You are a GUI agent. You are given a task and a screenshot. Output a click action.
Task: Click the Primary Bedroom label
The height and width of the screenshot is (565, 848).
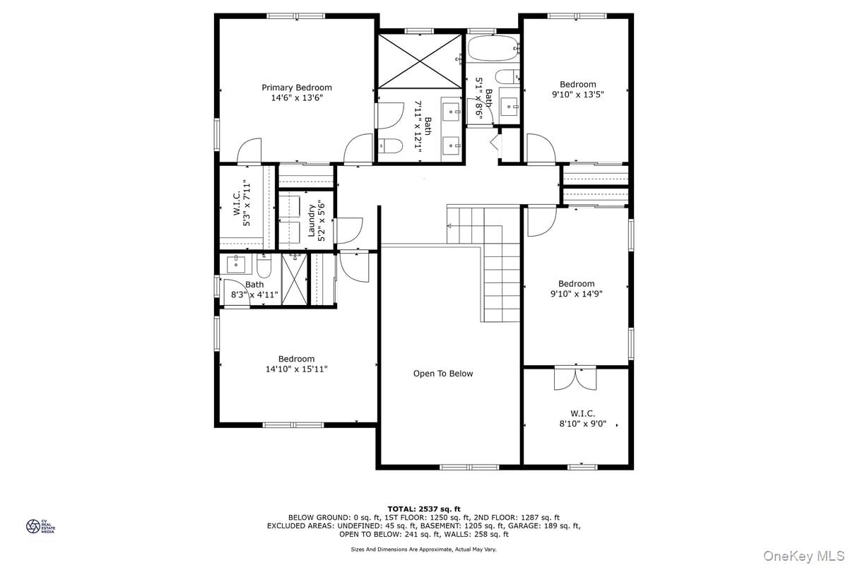point(296,88)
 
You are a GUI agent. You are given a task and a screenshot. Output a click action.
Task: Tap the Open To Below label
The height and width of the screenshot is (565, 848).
point(443,374)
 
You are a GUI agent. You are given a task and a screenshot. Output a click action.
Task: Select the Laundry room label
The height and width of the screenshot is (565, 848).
point(312,220)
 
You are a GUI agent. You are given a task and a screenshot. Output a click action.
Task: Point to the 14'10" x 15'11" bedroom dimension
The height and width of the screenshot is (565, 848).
point(296,369)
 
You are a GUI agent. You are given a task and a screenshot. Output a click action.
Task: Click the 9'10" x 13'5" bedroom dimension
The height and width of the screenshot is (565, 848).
point(578,94)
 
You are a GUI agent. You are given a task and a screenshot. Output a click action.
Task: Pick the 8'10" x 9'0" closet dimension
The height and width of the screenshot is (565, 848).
point(583,424)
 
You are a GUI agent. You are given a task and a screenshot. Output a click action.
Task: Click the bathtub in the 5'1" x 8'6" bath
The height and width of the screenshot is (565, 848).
point(493,48)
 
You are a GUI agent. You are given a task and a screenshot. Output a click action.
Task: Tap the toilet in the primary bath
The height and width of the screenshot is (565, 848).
point(390,146)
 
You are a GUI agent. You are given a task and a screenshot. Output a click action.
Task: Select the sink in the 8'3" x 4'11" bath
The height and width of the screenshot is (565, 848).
point(236,263)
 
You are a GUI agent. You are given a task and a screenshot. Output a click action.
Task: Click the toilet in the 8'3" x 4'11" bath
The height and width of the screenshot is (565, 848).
point(264,266)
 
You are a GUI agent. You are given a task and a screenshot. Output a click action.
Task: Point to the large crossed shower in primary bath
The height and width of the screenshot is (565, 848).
point(420,61)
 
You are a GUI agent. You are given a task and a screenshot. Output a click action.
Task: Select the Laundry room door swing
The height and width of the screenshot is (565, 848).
point(349,230)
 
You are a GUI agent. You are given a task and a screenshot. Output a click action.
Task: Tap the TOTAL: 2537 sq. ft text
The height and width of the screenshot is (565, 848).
point(424,509)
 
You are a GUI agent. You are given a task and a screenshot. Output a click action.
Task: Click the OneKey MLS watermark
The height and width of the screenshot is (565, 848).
point(803,556)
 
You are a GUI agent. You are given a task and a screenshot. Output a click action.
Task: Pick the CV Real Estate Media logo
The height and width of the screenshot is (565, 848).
point(40,526)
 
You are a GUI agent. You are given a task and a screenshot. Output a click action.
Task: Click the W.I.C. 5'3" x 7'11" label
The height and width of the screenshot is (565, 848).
point(242,203)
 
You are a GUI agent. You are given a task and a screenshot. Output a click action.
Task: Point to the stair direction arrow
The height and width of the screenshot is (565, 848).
point(449,226)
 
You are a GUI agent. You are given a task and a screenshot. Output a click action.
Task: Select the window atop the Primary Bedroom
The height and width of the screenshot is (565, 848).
point(295,16)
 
